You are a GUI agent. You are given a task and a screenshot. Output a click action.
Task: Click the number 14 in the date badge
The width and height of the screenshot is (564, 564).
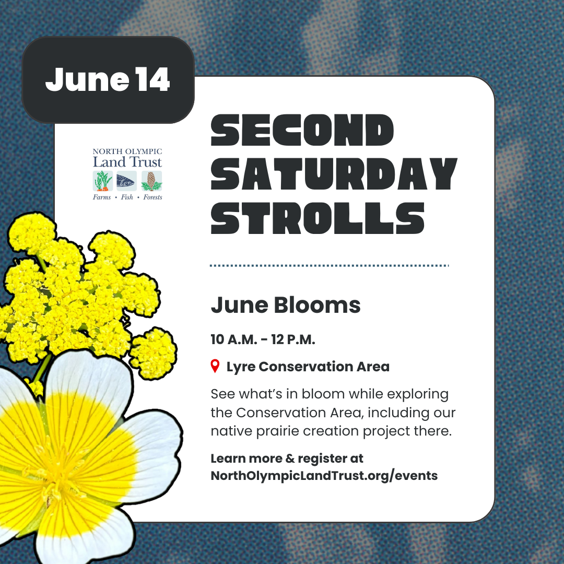point(153,79)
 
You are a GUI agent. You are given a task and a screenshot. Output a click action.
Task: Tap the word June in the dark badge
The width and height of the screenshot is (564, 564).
point(87,79)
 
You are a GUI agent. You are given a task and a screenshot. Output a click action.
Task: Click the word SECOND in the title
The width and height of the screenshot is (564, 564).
point(302,130)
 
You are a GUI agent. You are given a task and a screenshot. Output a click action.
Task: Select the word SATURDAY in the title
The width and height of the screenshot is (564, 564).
point(334,174)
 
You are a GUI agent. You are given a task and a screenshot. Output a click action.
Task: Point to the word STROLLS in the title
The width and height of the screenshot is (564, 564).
point(318,218)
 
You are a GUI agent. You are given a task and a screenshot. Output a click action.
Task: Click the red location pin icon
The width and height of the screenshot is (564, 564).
point(215,366)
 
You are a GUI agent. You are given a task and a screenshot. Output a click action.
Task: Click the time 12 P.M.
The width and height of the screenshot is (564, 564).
point(293,339)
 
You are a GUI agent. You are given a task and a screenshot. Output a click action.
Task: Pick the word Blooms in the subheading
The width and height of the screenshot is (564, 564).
point(318,305)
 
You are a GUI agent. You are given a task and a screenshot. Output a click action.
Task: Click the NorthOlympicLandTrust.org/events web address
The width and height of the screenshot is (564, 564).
point(324,476)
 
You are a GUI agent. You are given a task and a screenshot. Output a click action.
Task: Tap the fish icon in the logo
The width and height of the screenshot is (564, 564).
point(126,181)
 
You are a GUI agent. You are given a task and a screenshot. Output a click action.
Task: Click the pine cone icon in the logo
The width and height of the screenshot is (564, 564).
point(151,181)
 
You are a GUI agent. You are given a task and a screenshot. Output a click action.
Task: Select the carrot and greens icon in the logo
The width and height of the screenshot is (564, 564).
point(103,181)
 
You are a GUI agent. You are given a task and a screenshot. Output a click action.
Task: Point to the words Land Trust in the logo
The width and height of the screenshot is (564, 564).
point(127,162)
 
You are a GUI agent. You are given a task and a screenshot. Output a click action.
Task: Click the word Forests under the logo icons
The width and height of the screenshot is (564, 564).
point(152,197)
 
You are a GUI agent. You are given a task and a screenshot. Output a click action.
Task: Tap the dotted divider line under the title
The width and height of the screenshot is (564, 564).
point(329,266)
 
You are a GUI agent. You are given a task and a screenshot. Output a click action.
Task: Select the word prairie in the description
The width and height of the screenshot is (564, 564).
point(277,431)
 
